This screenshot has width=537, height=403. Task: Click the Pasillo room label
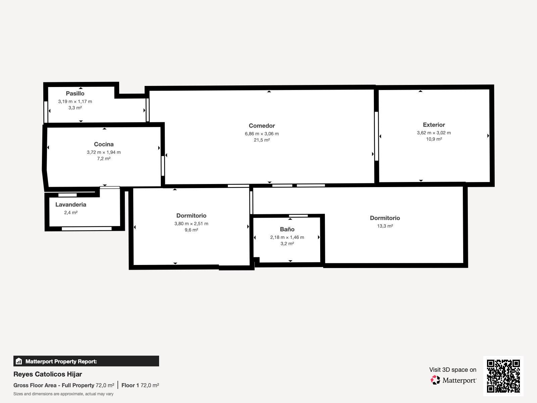[75, 93]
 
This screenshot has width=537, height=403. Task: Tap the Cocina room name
[104, 144]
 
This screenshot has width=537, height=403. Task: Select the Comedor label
[262, 126]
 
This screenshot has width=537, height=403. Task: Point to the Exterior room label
[434, 125]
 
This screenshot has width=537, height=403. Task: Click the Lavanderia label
[71, 205]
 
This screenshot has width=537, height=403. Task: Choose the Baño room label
[287, 229]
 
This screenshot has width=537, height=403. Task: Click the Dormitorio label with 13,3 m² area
[385, 218]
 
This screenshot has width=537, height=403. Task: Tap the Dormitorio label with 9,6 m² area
[191, 216]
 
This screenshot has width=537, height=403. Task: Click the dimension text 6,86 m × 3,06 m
[262, 134]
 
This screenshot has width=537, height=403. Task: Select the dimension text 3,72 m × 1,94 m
[104, 152]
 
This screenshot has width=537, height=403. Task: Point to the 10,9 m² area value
[434, 139]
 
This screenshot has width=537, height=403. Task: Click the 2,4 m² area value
[71, 213]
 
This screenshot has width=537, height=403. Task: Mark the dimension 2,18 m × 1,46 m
[287, 237]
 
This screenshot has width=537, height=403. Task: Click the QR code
[503, 376]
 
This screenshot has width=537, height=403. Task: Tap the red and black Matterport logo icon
[435, 380]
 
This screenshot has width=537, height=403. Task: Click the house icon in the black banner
[19, 361]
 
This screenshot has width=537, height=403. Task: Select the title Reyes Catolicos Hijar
[48, 374]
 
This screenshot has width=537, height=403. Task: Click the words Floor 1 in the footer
[130, 386]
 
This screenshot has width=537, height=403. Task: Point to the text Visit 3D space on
[453, 370]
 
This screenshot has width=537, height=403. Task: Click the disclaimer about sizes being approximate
[63, 394]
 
